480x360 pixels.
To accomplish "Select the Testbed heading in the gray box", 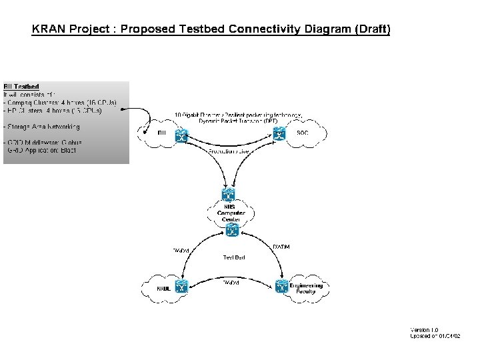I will click(x=21, y=87).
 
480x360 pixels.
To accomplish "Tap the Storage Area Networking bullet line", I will click(x=41, y=126).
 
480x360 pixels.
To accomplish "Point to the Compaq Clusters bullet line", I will click(x=60, y=103).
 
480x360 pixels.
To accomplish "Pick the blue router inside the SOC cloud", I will click(x=281, y=135).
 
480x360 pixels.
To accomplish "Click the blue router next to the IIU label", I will click(x=180, y=135).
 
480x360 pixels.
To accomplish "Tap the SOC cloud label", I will click(x=302, y=133).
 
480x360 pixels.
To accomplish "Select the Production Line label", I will click(x=229, y=152).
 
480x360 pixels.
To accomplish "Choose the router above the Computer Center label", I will click(x=230, y=195).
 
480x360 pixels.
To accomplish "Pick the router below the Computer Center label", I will click(x=231, y=231).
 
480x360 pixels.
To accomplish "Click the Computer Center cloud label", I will click(x=231, y=213).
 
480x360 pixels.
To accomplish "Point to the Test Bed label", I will click(x=233, y=257).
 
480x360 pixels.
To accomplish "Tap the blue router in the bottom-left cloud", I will click(x=180, y=287).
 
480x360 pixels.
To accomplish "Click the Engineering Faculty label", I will click(x=306, y=288).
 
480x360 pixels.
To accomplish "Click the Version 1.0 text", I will click(x=424, y=330).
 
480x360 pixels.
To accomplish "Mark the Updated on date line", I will click(x=435, y=336).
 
